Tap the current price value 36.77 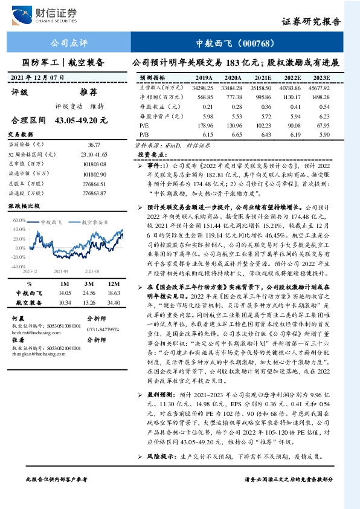(94, 145)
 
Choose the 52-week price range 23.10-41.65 (92, 154)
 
